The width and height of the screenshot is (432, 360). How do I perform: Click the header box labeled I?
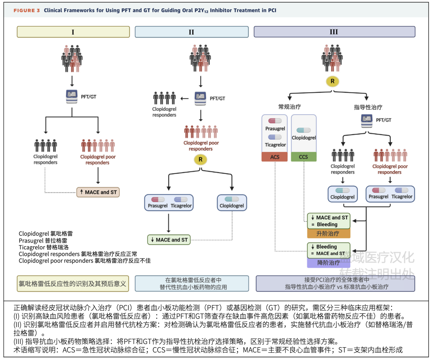point(73,32)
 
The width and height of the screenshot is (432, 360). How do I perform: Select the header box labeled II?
point(192,32)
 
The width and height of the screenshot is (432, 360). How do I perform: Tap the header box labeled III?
point(334,32)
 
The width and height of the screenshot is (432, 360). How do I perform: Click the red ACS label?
point(275,157)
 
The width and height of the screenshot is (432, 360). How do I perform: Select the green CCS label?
point(304,157)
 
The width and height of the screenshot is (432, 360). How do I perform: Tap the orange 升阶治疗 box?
point(328,233)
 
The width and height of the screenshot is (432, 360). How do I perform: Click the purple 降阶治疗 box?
point(328,263)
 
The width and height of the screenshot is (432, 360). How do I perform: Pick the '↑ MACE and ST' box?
point(98,192)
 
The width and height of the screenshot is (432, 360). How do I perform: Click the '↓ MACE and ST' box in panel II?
point(168,240)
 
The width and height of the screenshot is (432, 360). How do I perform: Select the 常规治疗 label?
point(289,107)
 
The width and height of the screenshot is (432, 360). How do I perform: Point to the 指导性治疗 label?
point(368,107)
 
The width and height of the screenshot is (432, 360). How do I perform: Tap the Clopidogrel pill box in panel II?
point(232,202)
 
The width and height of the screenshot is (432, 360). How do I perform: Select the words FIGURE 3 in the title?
point(27,10)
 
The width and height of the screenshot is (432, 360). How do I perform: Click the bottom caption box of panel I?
point(73,284)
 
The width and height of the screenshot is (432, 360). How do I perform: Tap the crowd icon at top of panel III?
point(332,58)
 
